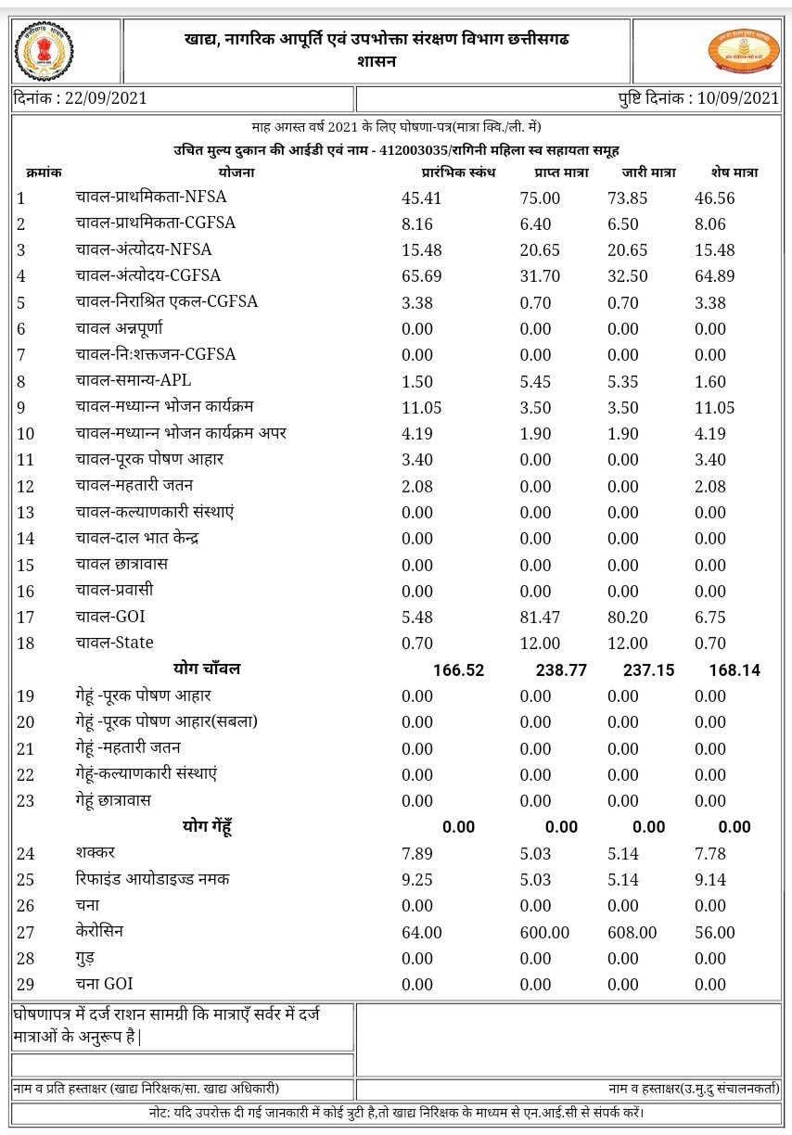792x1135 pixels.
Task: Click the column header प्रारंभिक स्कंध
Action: coord(459,172)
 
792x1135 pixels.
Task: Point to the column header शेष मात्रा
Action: coord(728,172)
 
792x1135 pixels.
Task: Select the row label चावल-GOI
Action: coord(110,616)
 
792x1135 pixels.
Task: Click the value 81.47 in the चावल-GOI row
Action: coord(540,617)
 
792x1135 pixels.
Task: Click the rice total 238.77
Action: coord(561,670)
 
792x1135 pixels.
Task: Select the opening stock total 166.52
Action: coord(458,670)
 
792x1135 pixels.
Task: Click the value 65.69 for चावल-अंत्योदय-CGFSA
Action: coord(421,276)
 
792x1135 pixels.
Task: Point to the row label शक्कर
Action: coord(96,852)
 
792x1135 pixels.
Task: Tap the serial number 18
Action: coord(26,644)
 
